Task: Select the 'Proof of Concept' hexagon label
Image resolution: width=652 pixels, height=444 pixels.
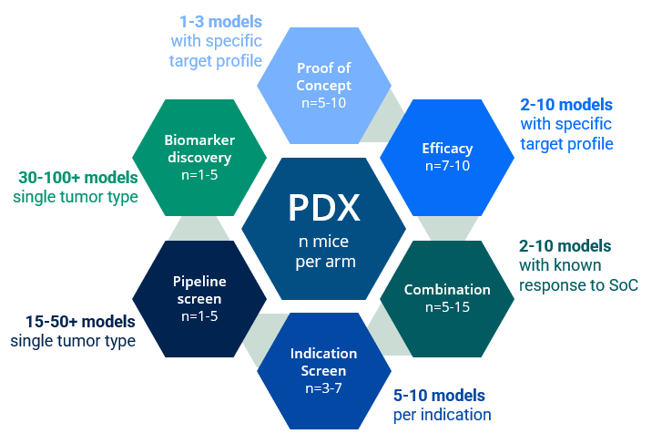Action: (323, 77)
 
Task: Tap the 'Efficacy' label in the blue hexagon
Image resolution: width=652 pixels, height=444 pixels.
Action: (447, 149)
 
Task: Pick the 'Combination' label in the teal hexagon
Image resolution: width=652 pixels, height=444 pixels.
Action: (447, 290)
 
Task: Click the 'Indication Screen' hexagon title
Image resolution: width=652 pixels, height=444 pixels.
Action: (324, 362)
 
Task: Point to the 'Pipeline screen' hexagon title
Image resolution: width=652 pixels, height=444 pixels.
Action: (200, 291)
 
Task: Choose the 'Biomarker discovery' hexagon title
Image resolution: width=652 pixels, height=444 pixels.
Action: (199, 149)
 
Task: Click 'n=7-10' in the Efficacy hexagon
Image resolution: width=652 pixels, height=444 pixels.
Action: (447, 166)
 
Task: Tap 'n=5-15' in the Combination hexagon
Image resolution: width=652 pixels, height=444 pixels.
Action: (447, 307)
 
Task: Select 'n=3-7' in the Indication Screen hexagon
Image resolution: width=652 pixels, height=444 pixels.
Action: (324, 387)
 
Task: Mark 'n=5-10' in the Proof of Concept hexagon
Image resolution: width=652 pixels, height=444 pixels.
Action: (323, 102)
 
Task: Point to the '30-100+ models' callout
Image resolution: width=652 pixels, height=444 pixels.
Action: (78, 177)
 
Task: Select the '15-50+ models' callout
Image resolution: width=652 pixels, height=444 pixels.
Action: (74, 322)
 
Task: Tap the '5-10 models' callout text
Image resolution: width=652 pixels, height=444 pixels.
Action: (439, 396)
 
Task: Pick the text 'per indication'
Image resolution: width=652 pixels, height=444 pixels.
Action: (443, 415)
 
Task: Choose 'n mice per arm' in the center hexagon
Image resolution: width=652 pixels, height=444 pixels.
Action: (324, 252)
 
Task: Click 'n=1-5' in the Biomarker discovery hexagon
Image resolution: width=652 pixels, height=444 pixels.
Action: (199, 174)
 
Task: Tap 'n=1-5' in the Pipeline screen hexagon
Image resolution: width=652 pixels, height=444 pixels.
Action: (200, 316)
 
